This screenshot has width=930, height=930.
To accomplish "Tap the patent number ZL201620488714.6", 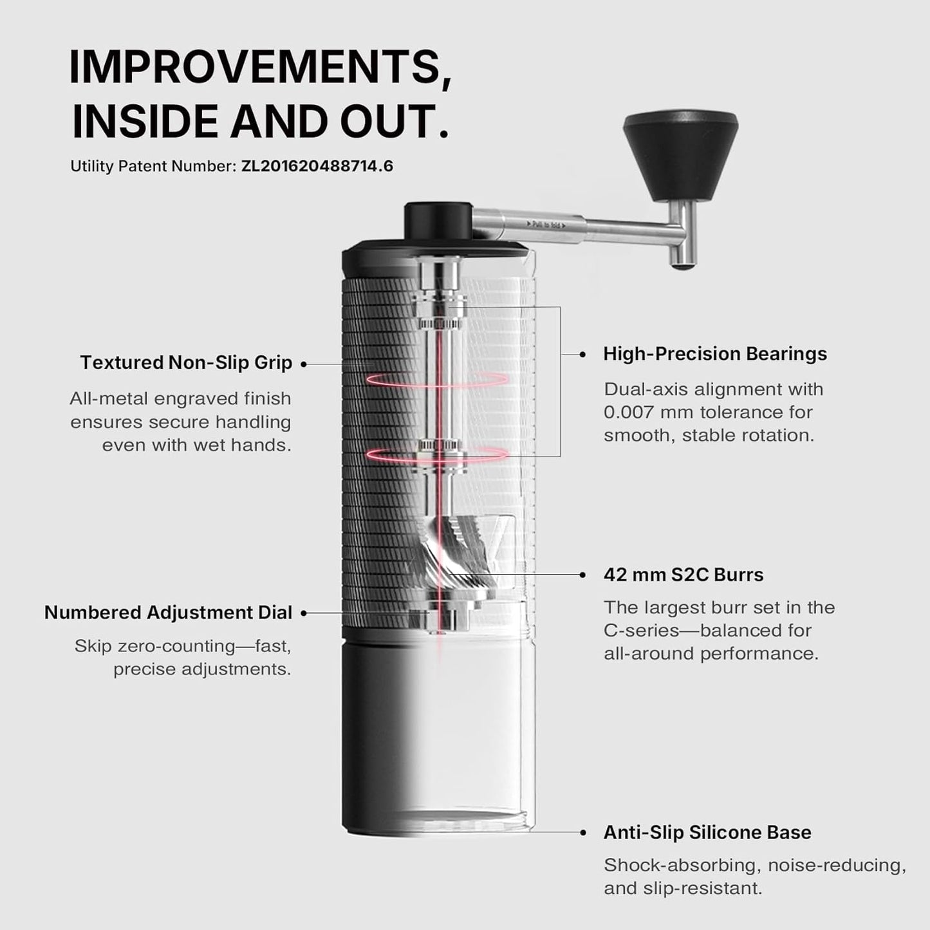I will tap(317, 166).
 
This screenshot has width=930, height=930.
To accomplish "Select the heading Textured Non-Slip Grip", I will tap(186, 362).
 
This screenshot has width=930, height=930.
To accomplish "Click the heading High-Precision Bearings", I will tap(714, 354).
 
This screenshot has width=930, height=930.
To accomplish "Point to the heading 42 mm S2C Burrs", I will tap(683, 575).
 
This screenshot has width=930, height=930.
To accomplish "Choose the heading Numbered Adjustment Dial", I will tap(168, 612).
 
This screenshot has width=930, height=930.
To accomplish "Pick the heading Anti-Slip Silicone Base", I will tap(707, 832).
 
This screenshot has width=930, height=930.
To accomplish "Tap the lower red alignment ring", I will tap(436, 454).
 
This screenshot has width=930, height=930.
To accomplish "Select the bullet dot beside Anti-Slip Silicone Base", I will tap(583, 832).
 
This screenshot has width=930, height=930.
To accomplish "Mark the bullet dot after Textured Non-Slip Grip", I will tap(304, 364).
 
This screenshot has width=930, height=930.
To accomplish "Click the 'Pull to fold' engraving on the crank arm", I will tap(546, 225).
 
